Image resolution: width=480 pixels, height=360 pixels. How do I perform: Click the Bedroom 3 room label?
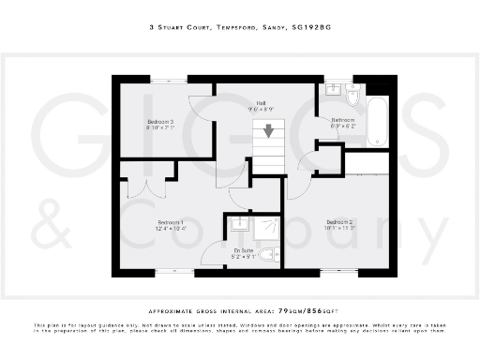(158, 122)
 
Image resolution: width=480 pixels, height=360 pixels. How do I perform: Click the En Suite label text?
(243, 250)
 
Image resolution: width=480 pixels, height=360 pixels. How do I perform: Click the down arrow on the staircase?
(269, 132)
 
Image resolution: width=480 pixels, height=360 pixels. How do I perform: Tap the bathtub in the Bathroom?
(377, 118)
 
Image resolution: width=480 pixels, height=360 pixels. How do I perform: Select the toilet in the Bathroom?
(352, 95)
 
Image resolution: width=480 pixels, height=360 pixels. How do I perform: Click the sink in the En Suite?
(239, 225)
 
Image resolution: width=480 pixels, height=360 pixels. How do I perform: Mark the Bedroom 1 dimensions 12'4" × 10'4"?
(170, 229)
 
